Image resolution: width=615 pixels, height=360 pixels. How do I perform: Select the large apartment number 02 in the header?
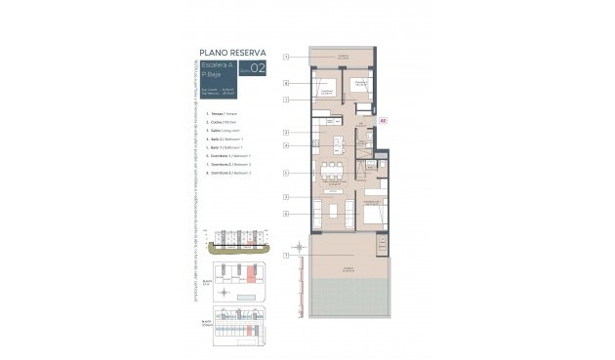[257, 68]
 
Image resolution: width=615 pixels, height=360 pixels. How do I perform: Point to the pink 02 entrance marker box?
[383, 122]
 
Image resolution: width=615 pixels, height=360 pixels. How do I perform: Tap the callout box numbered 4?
[286, 145]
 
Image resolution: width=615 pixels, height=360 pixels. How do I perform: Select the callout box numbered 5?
[286, 173]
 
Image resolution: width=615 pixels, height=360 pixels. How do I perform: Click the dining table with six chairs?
[333, 172]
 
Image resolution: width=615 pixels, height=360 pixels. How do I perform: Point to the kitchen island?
[338, 146]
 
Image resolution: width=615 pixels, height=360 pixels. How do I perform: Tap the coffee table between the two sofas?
[333, 211]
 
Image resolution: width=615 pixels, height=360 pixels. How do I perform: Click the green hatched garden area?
[349, 298]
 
